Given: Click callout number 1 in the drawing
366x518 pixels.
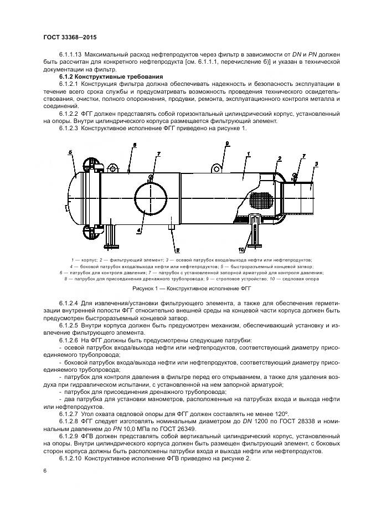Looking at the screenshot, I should tap(249, 153).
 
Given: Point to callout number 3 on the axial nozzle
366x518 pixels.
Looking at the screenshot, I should tap(316, 164).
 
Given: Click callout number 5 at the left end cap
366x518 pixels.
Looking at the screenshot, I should tap(70, 152).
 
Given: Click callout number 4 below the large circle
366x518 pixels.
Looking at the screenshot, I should tap(139, 227).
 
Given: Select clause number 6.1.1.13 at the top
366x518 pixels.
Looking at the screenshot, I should tap(71, 54).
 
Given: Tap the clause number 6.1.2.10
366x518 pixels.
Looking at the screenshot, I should tap(71, 459).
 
